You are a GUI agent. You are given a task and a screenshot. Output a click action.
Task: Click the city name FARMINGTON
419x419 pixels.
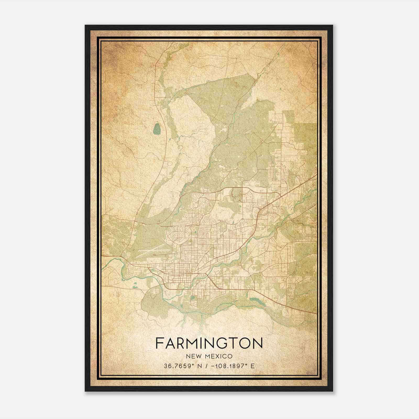click(209, 343)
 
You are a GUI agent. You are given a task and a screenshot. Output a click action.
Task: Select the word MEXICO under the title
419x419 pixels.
click(219, 356)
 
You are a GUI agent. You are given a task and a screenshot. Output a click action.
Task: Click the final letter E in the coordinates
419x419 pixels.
click(252, 366)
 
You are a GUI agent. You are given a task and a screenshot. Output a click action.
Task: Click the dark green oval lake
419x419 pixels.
click(157, 128)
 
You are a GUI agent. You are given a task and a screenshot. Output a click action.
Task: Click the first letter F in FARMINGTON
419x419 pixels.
click(159, 343)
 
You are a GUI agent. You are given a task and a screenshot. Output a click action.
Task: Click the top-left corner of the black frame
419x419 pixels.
click(85, 26)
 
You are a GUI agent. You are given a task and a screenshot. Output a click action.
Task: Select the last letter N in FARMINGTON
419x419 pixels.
click(257, 343)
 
